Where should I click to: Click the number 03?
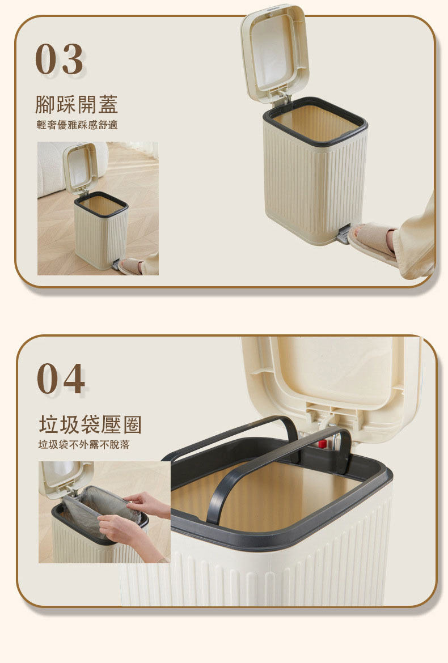coord(59,59)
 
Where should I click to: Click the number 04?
coord(61,379)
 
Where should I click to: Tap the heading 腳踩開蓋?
coord(76,104)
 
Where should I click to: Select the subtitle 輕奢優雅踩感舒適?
coord(77,125)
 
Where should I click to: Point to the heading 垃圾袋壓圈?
coord(90,424)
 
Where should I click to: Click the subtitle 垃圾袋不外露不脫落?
coord(84,444)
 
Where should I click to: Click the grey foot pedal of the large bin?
coord(344,235)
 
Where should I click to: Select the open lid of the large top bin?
coord(274,53)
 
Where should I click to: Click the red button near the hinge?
coord(322,444)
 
